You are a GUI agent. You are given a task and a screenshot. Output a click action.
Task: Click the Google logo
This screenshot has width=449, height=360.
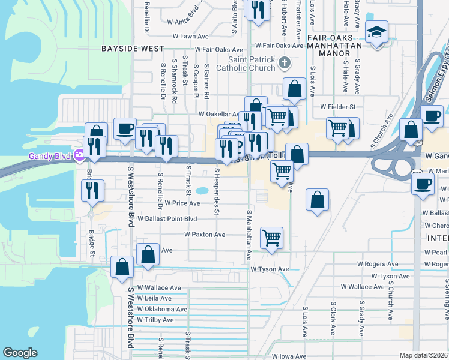point(20,353)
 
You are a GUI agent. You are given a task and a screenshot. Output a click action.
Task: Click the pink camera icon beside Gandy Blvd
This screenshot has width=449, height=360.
point(79,157)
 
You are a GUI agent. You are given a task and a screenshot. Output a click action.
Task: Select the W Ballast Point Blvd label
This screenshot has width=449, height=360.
point(167,219)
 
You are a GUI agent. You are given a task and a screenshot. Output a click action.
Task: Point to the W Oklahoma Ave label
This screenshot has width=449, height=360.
point(162,310)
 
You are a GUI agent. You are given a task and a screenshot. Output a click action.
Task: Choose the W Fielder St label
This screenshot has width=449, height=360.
point(338,106)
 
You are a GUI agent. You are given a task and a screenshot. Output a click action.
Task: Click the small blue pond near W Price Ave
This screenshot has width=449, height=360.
point(202,191)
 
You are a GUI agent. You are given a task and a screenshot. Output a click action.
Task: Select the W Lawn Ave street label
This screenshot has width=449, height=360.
point(191,36)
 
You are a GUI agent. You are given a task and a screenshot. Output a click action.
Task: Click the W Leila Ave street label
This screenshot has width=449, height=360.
point(154,298)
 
